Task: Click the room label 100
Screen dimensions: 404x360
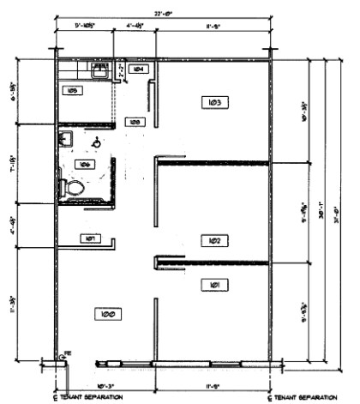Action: [x=107, y=315]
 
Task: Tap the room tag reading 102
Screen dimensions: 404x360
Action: [x=214, y=240]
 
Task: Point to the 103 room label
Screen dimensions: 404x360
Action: [x=214, y=103]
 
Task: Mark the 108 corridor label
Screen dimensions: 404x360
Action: [x=135, y=123]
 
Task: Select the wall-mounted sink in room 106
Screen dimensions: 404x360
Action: [x=66, y=137]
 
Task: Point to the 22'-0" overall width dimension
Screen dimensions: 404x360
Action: [x=163, y=13]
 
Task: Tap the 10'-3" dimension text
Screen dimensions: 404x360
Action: [x=106, y=386]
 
